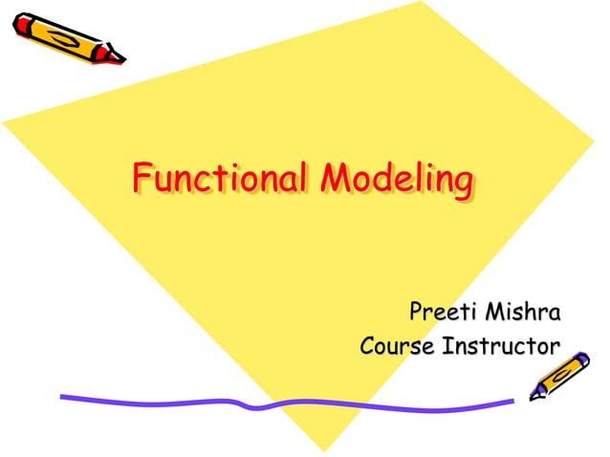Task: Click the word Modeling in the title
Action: (x=397, y=179)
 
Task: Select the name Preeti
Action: (x=443, y=313)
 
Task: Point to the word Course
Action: (x=396, y=345)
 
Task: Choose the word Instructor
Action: (x=498, y=345)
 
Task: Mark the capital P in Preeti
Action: (x=417, y=313)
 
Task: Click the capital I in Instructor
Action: (x=444, y=345)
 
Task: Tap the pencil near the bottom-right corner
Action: (x=560, y=375)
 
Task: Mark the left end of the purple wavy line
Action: (x=62, y=397)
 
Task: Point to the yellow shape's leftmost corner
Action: (x=3, y=123)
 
